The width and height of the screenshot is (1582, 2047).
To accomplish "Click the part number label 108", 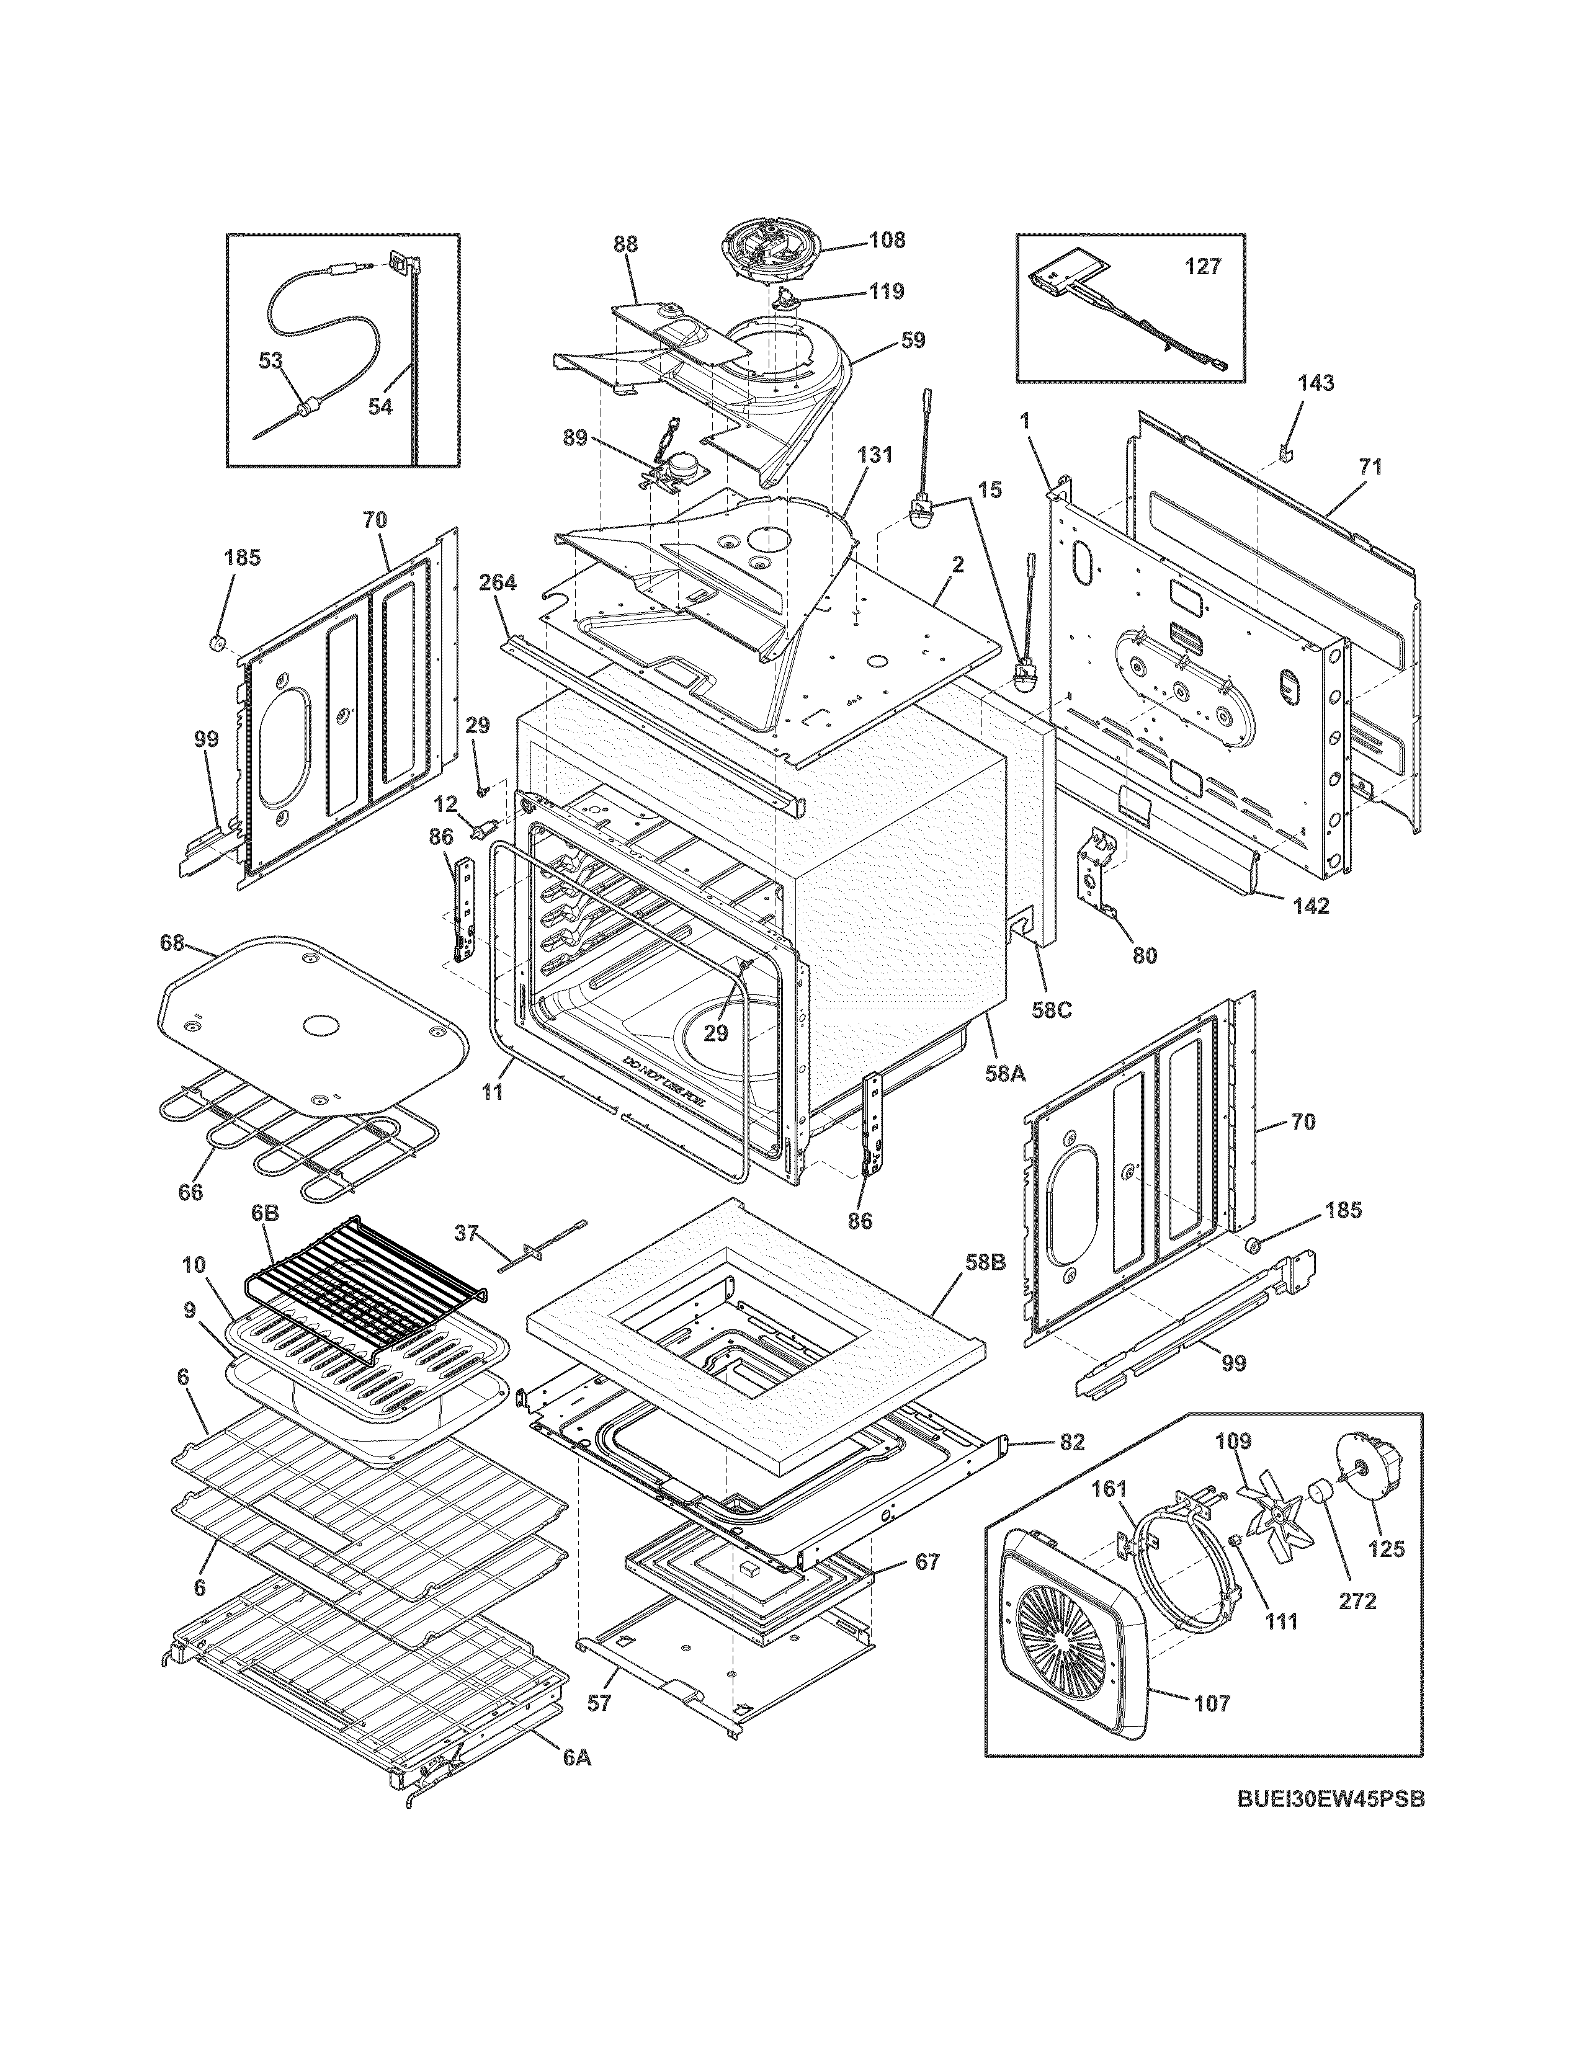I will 886,240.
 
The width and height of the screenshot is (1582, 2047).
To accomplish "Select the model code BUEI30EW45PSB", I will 1330,1825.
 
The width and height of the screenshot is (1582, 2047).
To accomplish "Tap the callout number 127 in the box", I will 1202,267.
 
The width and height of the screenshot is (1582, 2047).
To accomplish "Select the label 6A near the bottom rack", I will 578,1759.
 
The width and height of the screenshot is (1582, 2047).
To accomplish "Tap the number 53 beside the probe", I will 271,361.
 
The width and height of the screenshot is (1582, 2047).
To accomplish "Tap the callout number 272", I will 1357,1601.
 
